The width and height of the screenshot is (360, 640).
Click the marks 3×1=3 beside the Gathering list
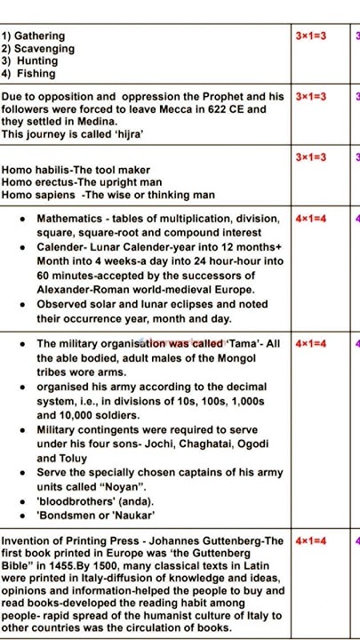(x=311, y=36)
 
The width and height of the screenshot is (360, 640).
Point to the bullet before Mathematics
(x=20, y=219)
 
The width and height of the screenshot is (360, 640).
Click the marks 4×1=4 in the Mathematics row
(x=311, y=219)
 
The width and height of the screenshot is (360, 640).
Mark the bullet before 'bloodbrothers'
(x=20, y=500)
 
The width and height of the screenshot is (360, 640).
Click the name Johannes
(x=181, y=540)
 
